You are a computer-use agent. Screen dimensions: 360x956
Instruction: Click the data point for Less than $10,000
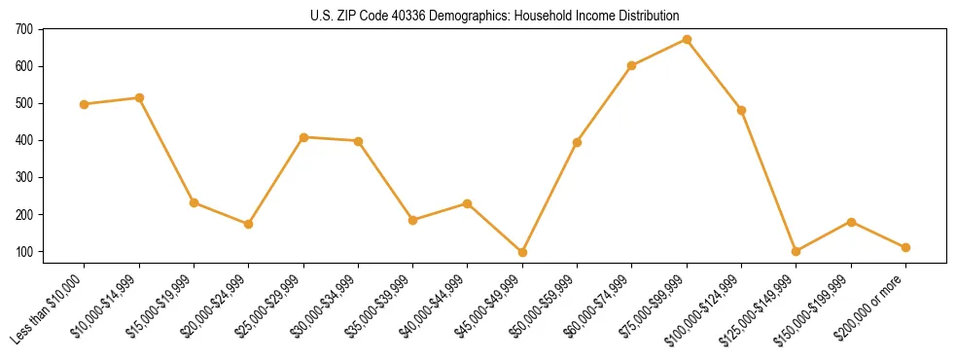[85, 104]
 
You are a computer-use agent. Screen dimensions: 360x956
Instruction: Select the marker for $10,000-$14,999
[139, 97]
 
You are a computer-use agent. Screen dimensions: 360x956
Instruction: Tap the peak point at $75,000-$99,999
[687, 39]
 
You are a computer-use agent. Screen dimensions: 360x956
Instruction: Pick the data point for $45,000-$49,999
[522, 252]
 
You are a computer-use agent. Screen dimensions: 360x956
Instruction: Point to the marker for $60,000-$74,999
[632, 65]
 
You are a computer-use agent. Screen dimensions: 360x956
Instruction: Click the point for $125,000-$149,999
[796, 251]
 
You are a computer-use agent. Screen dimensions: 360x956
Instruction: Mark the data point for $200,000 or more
[905, 247]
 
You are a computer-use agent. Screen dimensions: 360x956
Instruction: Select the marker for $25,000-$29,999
[303, 137]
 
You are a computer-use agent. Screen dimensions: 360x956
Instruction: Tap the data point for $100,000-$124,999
[741, 110]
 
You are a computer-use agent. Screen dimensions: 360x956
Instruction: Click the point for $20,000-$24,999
[249, 224]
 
